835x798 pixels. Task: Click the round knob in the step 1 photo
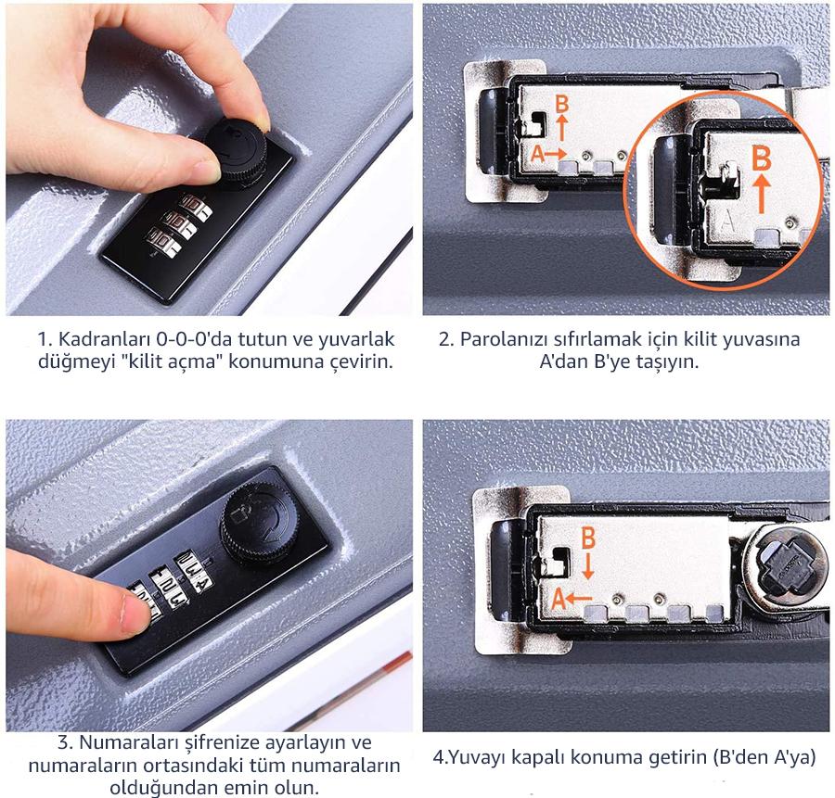tap(236, 152)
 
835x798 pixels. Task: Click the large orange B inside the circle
tap(762, 158)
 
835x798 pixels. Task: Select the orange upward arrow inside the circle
tap(762, 195)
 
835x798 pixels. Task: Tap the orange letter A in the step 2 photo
tap(538, 154)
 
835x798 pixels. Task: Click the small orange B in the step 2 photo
tap(562, 103)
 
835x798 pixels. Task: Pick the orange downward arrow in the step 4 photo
tap(588, 566)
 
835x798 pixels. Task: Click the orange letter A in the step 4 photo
tap(559, 599)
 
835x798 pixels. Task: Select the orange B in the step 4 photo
tap(588, 538)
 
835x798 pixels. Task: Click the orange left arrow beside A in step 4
tap(579, 599)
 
